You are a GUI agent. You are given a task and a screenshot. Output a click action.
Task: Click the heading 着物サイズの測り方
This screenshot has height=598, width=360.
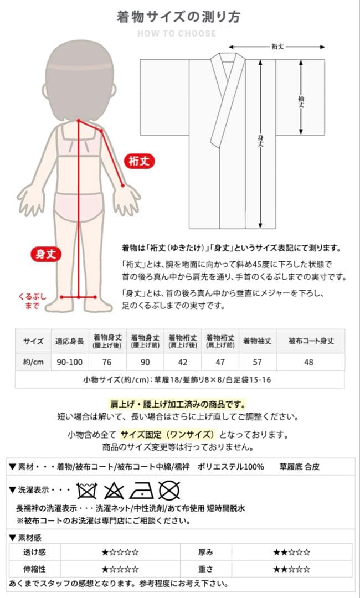click(178, 17)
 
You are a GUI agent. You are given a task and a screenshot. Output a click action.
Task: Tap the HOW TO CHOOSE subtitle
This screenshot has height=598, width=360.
click(177, 33)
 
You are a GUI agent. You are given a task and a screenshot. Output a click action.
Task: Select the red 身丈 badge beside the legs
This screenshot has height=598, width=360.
click(45, 254)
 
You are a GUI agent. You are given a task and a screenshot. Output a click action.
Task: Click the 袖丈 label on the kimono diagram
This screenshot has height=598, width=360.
click(301, 99)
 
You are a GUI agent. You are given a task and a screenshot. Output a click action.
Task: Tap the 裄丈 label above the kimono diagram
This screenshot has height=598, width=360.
click(277, 47)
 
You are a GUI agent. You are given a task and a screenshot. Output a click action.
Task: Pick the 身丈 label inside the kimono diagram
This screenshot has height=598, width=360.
click(260, 142)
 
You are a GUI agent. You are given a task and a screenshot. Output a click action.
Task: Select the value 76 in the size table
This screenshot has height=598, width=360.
click(107, 362)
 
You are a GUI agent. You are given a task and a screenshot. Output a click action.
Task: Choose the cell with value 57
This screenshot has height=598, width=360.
click(257, 362)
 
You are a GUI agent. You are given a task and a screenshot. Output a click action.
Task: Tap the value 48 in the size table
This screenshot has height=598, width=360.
click(309, 362)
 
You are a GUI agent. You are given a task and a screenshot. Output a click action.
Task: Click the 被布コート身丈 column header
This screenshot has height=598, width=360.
click(311, 341)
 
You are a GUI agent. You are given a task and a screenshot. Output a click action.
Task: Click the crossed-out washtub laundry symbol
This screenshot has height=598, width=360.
click(86, 490)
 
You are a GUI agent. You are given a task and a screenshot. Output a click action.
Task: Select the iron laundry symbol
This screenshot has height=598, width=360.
click(141, 490)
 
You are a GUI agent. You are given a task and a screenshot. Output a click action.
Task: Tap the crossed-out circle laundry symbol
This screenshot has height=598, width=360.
click(168, 490)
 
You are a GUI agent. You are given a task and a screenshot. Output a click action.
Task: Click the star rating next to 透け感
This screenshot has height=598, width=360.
click(120, 552)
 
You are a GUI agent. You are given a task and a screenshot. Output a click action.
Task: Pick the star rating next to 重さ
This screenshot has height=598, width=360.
click(291, 569)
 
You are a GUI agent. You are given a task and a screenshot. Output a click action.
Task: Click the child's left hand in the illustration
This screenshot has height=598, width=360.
click(126, 199)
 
